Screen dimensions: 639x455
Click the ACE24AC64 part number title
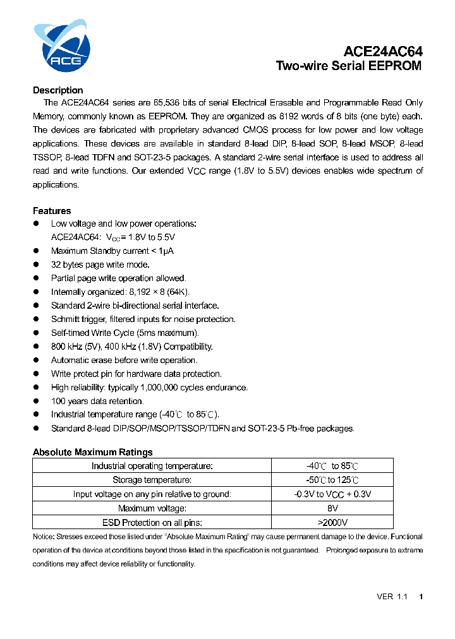383,52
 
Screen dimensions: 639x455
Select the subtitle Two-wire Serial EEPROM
349,66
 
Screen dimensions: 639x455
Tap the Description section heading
58,90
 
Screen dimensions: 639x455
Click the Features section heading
52,211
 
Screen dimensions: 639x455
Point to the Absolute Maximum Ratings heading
92,452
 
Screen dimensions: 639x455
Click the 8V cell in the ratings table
332,508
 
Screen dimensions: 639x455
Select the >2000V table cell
332,522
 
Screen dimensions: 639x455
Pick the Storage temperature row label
152,480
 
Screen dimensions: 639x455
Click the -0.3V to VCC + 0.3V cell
332,494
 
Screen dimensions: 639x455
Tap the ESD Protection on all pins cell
152,522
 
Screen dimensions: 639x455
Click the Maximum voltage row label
152,508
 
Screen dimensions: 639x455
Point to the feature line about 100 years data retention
97,401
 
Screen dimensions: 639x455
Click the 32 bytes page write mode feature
100,265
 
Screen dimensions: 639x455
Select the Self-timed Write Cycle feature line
125,333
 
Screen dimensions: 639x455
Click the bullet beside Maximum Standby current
37,251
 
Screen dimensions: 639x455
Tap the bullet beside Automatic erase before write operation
37,360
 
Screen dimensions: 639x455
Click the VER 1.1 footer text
392,597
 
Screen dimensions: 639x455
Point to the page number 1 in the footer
421,597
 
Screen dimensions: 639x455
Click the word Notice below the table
43,537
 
